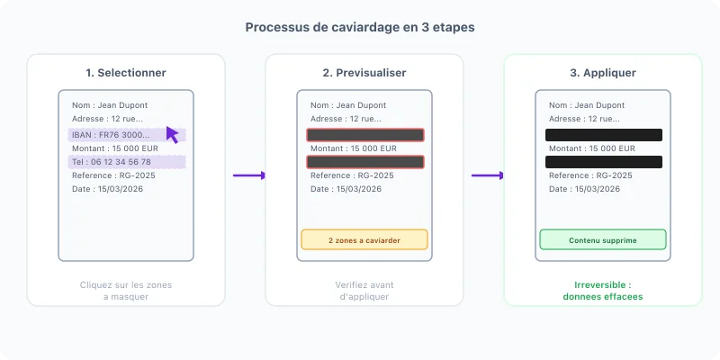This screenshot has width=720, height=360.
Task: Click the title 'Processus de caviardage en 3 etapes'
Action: [x=360, y=27]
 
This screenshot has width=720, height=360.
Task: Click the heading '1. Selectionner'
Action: [x=126, y=73]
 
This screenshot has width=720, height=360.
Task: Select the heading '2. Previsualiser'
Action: [x=364, y=73]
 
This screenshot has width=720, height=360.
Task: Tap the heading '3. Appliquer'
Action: [x=603, y=73]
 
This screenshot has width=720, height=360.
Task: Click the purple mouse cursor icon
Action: [x=172, y=134]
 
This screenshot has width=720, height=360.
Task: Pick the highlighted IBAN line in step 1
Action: [x=127, y=135]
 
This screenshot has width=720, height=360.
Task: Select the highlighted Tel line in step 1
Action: [x=127, y=162]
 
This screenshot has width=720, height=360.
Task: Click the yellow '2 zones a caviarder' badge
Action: [x=364, y=239]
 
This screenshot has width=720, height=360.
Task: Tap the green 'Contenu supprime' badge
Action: [x=603, y=239]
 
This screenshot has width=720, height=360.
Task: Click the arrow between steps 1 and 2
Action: [x=249, y=175]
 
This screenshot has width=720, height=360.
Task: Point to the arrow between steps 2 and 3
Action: [x=488, y=175]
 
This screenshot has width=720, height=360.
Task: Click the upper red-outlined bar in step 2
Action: [x=365, y=135]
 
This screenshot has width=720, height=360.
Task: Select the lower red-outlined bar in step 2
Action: [x=365, y=162]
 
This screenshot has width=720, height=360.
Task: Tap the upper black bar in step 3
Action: [x=604, y=135]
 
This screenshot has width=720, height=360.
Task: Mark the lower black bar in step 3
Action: [x=604, y=162]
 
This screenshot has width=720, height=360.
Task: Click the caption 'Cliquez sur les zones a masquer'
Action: [x=126, y=291]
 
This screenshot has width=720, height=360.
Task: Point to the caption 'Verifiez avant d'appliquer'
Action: [x=364, y=291]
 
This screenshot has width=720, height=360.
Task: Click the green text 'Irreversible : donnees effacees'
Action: [x=603, y=291]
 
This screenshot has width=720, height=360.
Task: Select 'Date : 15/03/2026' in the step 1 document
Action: [x=107, y=189]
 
